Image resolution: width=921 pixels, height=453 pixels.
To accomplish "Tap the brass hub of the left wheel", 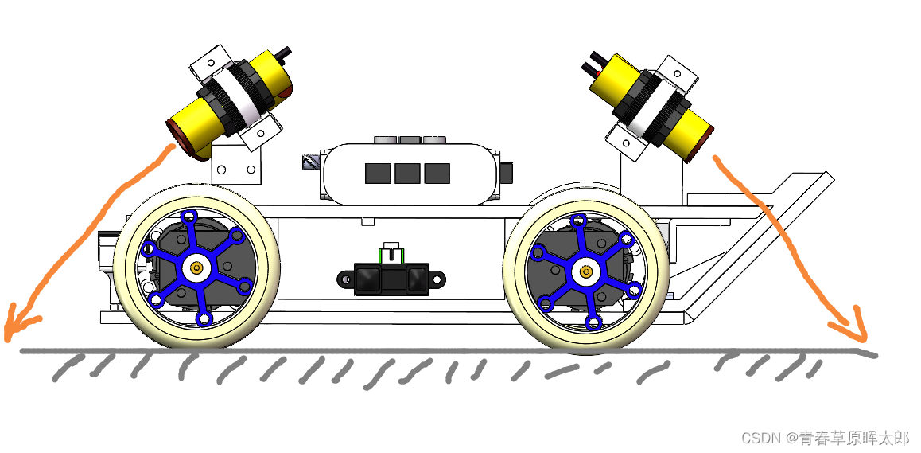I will [196, 268].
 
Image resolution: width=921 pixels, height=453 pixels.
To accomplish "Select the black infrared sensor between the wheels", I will [391, 279].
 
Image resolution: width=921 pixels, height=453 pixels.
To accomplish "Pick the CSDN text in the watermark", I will [759, 438].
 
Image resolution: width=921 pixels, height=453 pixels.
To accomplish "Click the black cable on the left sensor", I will [285, 54].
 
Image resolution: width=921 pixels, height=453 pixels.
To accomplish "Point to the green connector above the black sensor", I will [391, 256].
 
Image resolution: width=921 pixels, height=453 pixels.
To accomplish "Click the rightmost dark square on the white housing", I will [437, 173].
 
